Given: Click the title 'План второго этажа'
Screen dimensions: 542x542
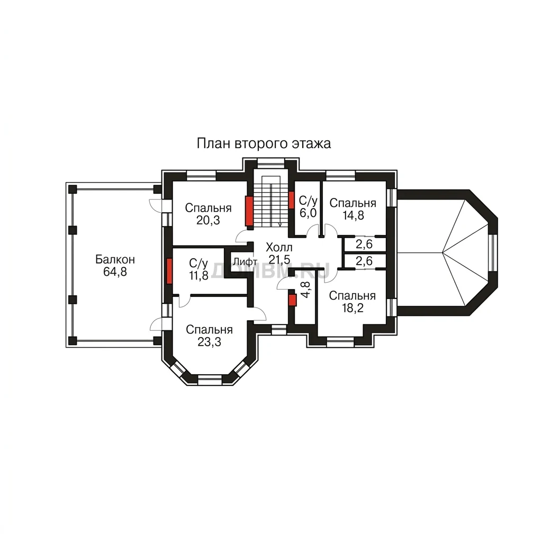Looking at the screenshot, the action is (x=264, y=143).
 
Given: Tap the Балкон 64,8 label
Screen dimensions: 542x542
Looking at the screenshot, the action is (x=115, y=266).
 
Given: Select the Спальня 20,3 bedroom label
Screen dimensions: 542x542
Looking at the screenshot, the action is (x=208, y=214).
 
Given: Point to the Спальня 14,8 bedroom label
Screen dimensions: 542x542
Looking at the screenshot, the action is (x=353, y=209).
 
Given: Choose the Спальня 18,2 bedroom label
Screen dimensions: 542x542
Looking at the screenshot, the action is (x=353, y=302).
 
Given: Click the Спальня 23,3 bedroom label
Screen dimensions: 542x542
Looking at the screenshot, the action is (x=209, y=336).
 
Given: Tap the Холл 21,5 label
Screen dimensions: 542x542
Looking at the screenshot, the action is (x=279, y=253).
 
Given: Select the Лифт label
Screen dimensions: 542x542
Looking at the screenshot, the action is (x=245, y=261).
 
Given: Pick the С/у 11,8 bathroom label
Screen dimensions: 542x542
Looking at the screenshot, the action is (x=198, y=269).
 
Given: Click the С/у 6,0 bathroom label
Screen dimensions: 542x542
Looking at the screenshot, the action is (x=308, y=207).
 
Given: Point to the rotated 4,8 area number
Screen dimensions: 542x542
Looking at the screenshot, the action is (x=305, y=290).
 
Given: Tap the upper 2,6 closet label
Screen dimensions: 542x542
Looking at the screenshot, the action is (x=364, y=244).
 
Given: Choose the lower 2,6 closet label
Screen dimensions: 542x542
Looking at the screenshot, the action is (x=364, y=261).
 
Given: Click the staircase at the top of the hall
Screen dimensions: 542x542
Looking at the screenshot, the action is (x=271, y=201).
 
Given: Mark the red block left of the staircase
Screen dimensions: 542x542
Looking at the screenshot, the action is (x=249, y=211).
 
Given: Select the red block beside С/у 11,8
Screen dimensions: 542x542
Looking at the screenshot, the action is (x=169, y=271).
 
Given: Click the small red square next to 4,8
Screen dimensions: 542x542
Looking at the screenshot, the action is (x=292, y=300).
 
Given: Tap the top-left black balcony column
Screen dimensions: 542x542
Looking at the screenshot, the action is (x=72, y=189).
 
